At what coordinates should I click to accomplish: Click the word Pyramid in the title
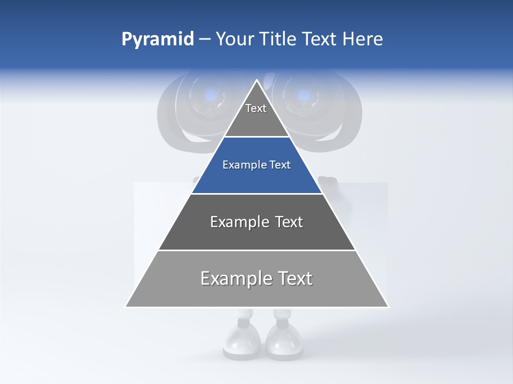pyautogui.click(x=157, y=39)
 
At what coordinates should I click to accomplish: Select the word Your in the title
pyautogui.click(x=234, y=39)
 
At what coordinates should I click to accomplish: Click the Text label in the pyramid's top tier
pyautogui.click(x=256, y=108)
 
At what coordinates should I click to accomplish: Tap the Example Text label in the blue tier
pyautogui.click(x=256, y=165)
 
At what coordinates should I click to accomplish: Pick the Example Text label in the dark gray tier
pyautogui.click(x=256, y=222)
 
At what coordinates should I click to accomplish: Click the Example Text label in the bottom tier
pyautogui.click(x=256, y=278)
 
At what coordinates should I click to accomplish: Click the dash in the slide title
pyautogui.click(x=204, y=39)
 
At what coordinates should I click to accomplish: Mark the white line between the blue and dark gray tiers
pyautogui.click(x=256, y=194)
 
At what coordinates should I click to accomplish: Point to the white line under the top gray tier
pyautogui.click(x=256, y=137)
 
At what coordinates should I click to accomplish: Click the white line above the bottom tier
pyautogui.click(x=256, y=250)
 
